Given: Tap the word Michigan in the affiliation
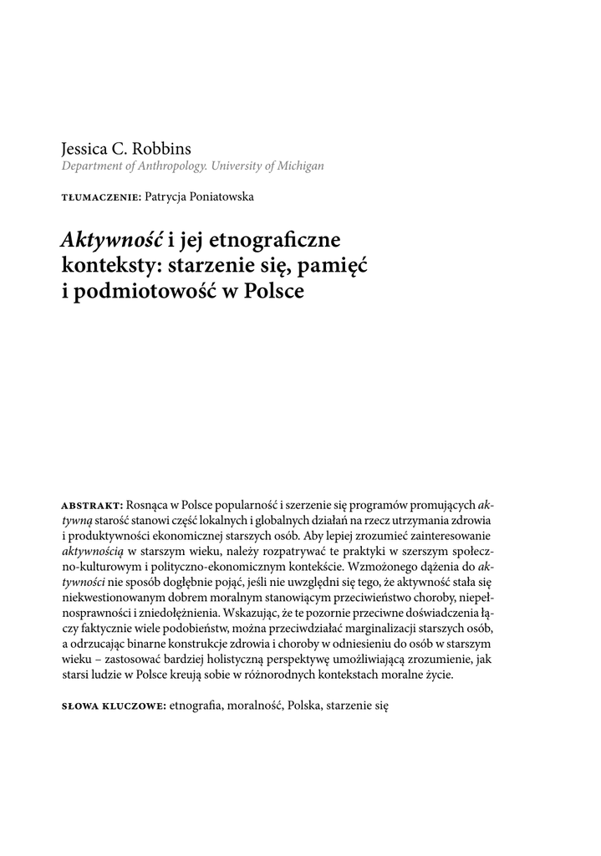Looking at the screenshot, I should coord(294,166).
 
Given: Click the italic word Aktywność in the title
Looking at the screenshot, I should coord(111,241).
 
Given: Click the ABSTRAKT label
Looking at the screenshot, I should coord(92,506).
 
